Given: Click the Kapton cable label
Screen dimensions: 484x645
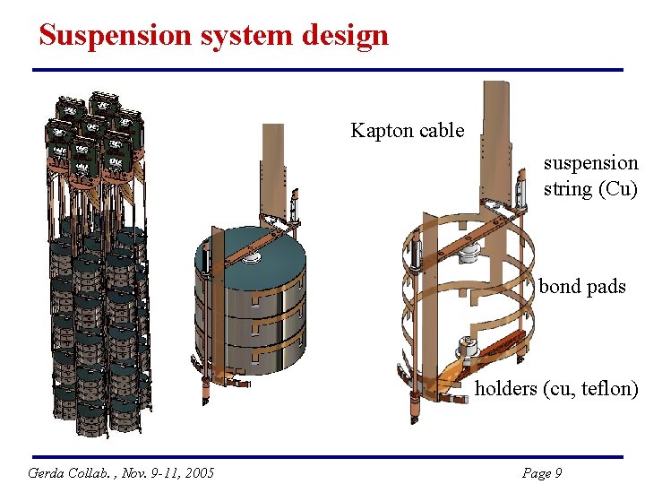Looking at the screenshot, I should [x=407, y=131].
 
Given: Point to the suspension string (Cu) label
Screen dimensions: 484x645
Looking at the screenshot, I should [x=590, y=176].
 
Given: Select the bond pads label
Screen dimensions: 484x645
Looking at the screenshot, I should [x=581, y=287].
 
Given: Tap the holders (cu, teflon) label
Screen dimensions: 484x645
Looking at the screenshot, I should [x=556, y=388].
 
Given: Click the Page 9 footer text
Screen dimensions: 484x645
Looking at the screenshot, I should [x=541, y=472].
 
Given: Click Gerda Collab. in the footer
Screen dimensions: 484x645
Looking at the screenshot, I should [x=64, y=472].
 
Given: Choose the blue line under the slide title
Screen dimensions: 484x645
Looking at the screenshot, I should [x=327, y=70].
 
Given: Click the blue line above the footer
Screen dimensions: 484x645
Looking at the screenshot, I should [x=327, y=457].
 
